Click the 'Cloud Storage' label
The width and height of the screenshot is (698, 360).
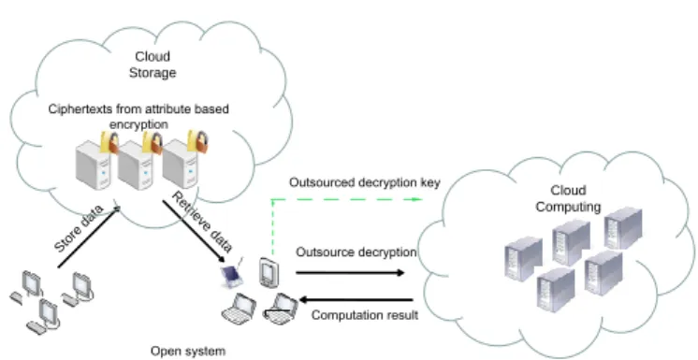point(153,65)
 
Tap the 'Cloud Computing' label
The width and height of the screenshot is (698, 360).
point(568,198)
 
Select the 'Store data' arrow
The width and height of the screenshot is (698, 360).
point(89,237)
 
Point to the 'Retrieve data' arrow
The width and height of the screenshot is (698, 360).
point(194,231)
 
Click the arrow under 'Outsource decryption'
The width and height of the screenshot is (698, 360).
point(350,272)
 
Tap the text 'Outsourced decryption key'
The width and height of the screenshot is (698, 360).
point(365,182)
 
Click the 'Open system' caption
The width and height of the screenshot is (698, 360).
point(187,351)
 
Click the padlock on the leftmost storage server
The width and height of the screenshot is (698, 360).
point(109,142)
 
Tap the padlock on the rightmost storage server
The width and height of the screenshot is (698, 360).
point(196,141)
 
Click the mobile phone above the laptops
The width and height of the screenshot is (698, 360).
point(269,272)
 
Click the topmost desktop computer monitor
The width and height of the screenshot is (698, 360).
point(32,282)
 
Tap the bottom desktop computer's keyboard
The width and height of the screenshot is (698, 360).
point(36,328)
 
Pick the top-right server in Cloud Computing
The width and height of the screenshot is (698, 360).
point(622,228)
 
